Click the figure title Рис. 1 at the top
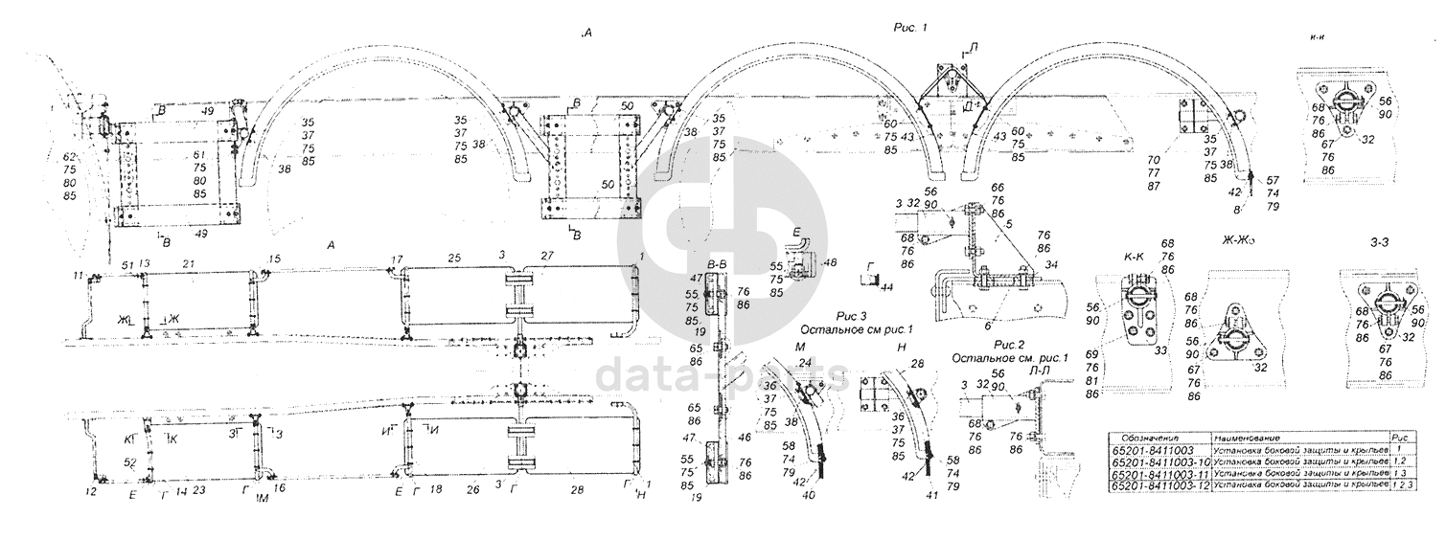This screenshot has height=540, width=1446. pos(909,30)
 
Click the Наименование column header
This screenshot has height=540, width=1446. pos(1248,436)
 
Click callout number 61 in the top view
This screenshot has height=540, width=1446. pos(198,154)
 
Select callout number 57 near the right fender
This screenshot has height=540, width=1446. pos(1272,180)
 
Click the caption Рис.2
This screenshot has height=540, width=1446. pos(1009,344)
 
